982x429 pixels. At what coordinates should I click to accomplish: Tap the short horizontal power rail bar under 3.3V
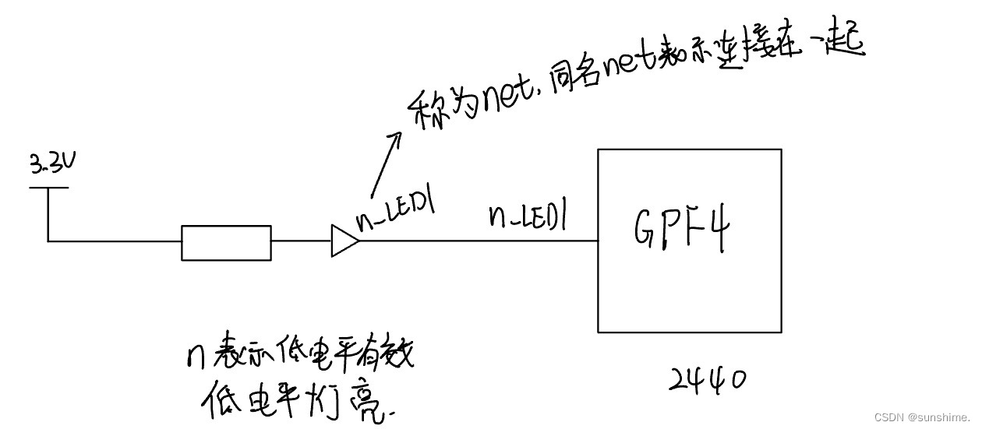tap(49, 187)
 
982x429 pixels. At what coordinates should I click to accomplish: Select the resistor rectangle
tap(226, 242)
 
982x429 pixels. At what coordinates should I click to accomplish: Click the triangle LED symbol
tap(344, 241)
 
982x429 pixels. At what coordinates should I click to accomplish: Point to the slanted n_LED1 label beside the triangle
tap(394, 209)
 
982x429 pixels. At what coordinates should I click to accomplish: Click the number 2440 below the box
tap(707, 379)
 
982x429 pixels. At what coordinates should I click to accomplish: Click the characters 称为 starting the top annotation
tap(437, 108)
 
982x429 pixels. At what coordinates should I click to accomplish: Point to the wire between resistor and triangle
tap(301, 241)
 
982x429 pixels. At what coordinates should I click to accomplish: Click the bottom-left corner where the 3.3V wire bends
tap(48, 241)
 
